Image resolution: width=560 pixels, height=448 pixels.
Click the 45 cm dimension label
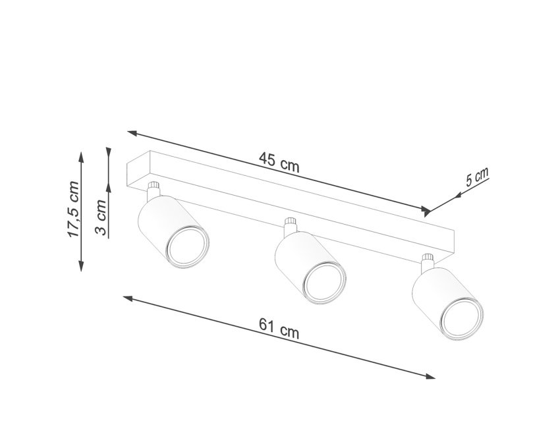coord(279,162)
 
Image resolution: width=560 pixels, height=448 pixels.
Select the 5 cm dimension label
coord(477,177)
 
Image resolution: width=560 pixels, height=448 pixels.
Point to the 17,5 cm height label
coord(73,209)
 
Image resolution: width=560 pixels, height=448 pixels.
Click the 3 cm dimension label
coord(101,217)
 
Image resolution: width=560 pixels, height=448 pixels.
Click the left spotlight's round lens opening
coord(188,248)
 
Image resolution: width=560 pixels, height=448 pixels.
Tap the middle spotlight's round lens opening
coord(325,283)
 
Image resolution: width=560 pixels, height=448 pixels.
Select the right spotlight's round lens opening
coord(462,320)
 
